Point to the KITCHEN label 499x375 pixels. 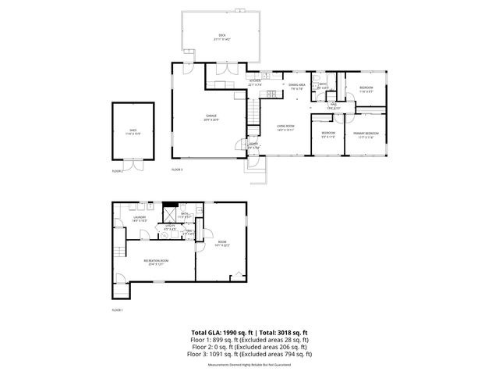[x=254, y=82]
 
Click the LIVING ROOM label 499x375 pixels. [x=285, y=127]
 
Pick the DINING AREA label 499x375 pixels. [x=297, y=86]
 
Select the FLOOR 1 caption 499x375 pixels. [x=118, y=310]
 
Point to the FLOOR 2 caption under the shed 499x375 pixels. [x=118, y=170]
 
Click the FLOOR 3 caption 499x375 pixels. [x=177, y=170]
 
